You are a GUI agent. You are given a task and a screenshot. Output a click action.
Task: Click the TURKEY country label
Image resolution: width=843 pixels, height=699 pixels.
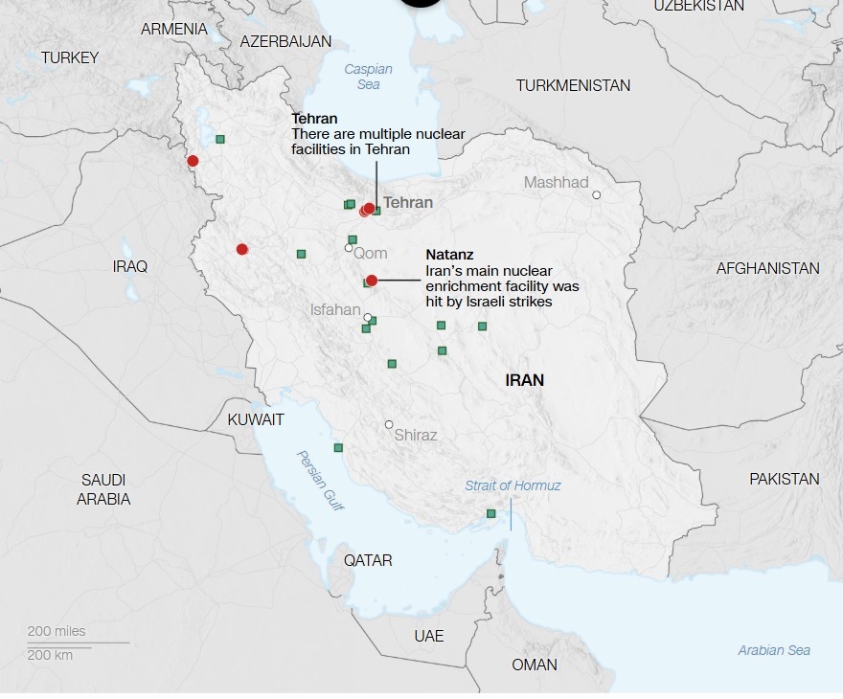69,57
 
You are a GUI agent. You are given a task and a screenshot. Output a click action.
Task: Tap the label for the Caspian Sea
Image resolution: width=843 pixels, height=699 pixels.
362,77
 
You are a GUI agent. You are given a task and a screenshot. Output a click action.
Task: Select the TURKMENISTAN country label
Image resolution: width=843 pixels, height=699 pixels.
573,85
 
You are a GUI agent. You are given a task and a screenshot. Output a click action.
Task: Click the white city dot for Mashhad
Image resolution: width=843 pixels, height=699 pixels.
596,195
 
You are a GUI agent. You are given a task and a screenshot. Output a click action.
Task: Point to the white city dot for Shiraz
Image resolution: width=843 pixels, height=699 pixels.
389,424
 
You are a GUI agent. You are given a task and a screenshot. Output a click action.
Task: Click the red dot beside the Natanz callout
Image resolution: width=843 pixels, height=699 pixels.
372,281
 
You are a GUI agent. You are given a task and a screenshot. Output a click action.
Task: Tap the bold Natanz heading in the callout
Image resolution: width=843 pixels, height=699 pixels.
449,256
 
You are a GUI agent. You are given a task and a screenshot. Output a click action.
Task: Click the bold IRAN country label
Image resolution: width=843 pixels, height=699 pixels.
524,380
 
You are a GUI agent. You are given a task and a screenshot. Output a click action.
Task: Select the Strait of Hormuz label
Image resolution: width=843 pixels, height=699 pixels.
513,485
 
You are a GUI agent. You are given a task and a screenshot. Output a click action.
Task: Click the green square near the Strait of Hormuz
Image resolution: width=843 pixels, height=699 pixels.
491,514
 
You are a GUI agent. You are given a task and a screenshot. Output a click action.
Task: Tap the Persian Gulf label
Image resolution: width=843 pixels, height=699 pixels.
320,480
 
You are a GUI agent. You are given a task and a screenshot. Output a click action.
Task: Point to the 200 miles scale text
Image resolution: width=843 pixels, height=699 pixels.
57,631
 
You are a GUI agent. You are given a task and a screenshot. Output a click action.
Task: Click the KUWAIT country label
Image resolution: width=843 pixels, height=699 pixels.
256,419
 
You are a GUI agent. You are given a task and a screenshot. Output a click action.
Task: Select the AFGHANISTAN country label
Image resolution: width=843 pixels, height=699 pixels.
767,268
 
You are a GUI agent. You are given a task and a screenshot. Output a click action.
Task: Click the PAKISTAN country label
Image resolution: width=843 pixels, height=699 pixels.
784,479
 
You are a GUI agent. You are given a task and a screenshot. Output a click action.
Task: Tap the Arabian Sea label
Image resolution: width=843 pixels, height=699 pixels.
774,650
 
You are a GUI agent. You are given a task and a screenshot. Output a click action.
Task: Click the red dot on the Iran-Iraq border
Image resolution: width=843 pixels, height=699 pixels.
193,161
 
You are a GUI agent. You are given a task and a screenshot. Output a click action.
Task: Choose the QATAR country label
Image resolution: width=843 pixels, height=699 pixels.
368,560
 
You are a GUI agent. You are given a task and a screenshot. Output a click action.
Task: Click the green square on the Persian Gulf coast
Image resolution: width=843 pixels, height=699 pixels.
338,447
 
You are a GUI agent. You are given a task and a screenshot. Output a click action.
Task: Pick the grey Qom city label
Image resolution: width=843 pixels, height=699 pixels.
371,254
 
